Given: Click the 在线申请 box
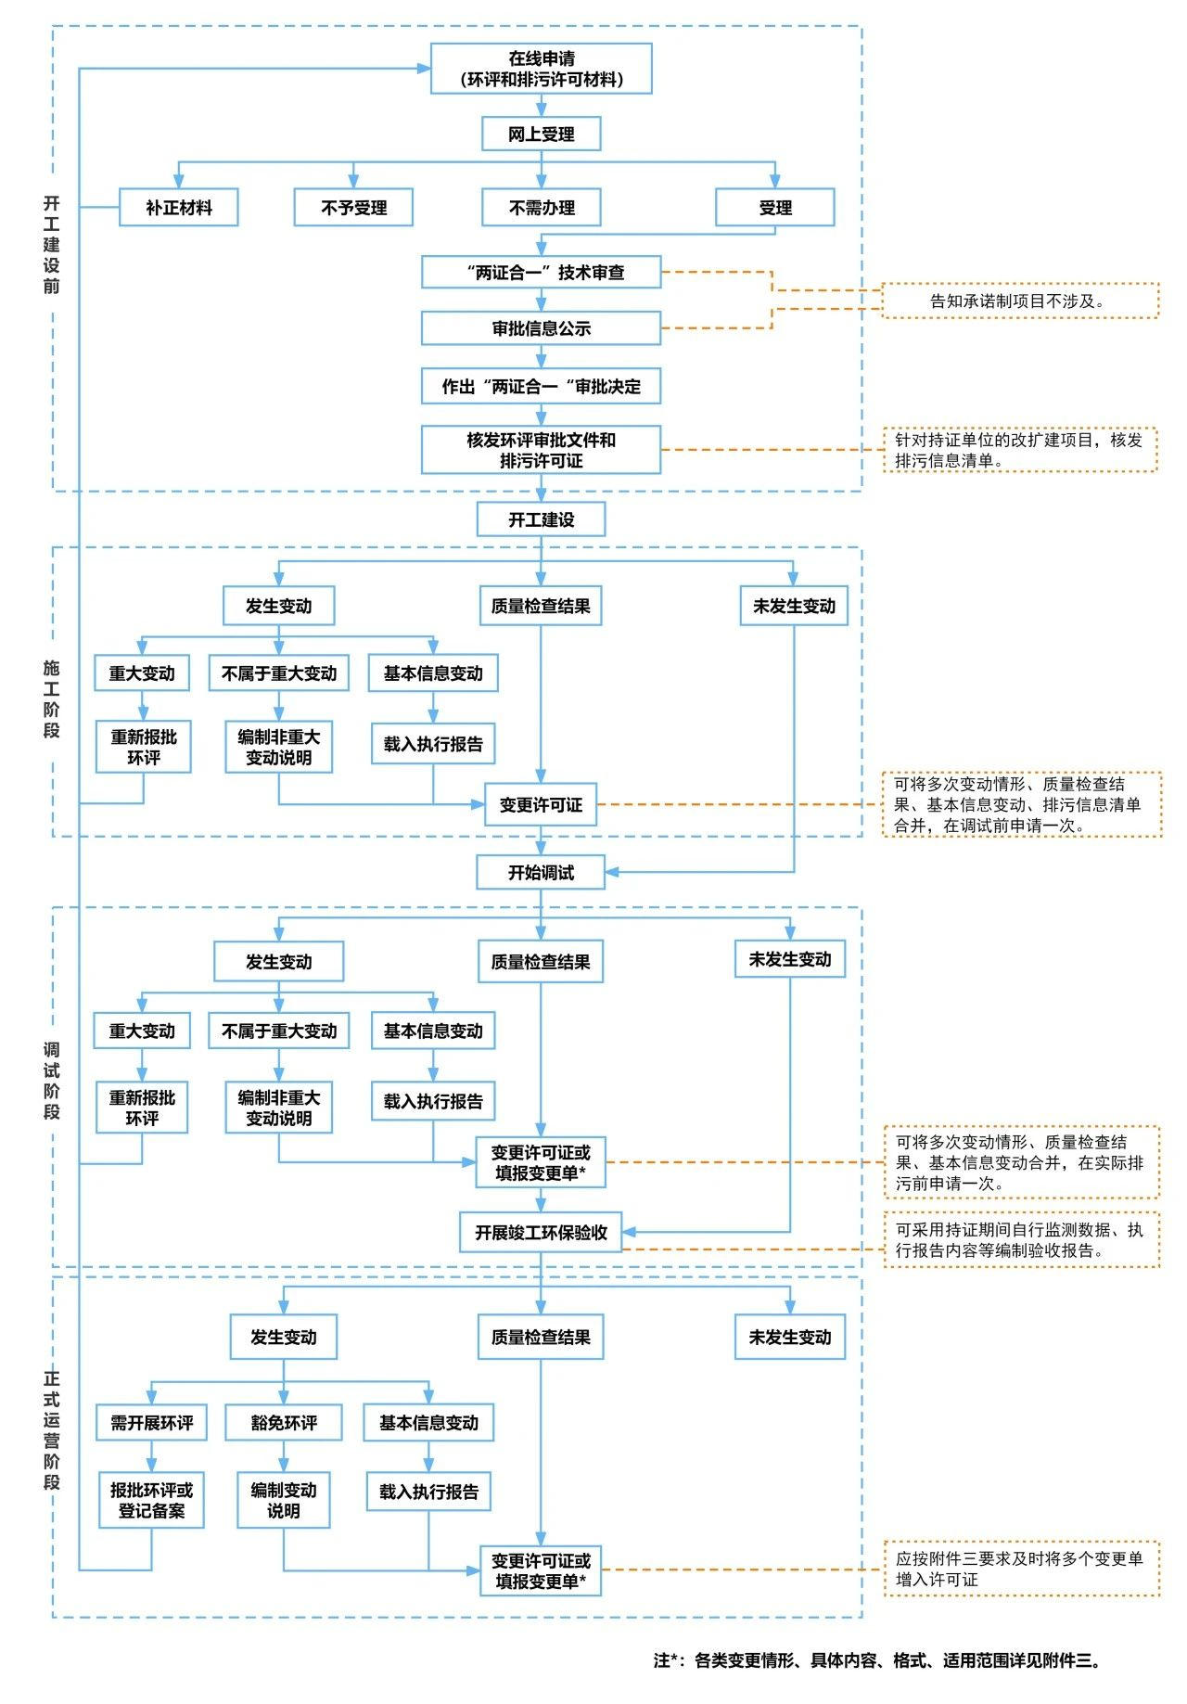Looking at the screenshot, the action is pos(542,69).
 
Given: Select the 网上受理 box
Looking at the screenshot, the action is pos(542,134).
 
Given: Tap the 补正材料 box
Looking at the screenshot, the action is pos(179,208).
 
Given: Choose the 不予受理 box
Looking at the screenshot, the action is pos(353,208).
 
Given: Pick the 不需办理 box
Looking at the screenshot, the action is pos(542,208).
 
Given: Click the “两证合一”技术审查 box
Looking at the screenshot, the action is pos(542,273).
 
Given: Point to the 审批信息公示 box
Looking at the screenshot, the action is pos(542,328).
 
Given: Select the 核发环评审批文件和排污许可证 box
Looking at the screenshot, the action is pos(542,450).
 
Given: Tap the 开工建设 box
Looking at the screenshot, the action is pos(542,519).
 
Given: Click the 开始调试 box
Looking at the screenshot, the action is pos(542,873).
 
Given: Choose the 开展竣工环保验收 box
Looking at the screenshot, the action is pos(542,1233).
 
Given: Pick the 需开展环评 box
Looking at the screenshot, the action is pos(152,1423).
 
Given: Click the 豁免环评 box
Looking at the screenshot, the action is pos(284,1423).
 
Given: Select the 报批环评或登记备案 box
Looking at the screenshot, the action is pos(152,1501).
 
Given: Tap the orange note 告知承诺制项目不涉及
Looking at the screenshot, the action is pos(1020,301).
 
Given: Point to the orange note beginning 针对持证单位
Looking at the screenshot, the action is pos(1020,450).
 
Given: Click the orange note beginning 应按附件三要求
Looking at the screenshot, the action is pos(1022,1569).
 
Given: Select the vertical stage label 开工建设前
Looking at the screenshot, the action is pos(51,245).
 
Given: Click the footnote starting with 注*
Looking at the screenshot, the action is pos(877,1660).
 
